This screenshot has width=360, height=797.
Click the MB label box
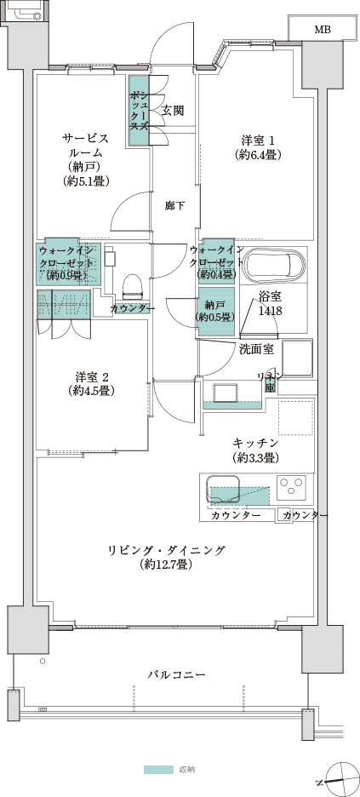(323, 29)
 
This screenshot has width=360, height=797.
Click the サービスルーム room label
(85, 158)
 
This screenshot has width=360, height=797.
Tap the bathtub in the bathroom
(273, 267)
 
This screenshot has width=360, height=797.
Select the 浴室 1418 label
(271, 304)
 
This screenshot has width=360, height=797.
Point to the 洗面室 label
(255, 348)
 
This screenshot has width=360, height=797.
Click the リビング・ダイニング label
(167, 557)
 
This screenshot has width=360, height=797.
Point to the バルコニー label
(176, 674)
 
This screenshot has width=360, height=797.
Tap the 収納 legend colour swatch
(158, 769)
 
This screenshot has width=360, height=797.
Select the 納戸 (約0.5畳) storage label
(216, 310)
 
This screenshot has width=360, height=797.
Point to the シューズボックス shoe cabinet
(139, 111)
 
